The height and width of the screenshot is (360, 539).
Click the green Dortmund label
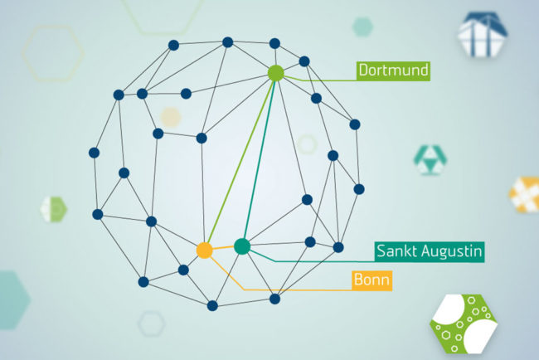393,71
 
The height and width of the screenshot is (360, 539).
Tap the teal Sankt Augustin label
430,251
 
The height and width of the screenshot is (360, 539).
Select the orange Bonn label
372,280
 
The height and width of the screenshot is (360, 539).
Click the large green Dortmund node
275,73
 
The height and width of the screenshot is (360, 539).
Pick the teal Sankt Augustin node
242,246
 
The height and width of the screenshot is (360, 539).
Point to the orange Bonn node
205,250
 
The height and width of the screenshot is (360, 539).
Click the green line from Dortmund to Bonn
240,162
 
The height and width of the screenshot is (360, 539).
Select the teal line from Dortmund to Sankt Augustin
260,160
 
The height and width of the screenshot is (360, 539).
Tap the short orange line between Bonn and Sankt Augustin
223,248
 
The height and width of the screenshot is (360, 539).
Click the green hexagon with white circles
464,324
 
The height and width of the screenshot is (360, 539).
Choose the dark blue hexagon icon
483,34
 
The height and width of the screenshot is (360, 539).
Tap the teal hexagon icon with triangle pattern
430,160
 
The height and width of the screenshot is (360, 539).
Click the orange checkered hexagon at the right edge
524,194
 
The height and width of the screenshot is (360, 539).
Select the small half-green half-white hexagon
54,209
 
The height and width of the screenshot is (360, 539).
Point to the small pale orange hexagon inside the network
171,117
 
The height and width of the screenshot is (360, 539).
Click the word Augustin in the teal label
452,251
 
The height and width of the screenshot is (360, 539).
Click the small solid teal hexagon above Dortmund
362,27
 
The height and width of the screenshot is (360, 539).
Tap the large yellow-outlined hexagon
53,53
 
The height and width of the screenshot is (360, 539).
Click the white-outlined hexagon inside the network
307,144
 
